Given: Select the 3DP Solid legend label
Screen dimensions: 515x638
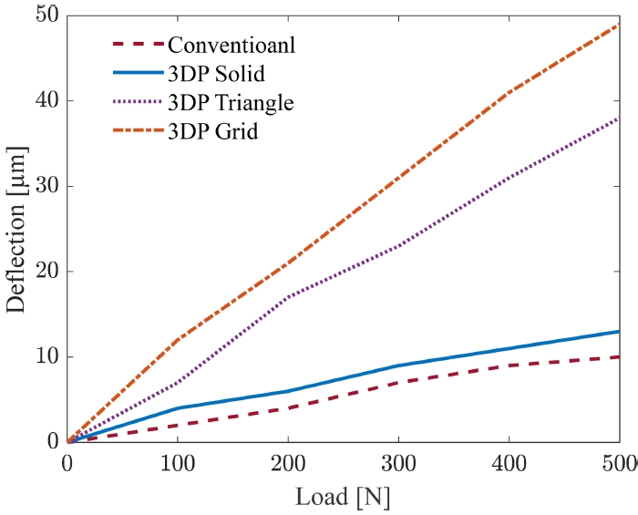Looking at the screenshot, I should point(219,73).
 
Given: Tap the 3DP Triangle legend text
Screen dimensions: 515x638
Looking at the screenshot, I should point(232,102).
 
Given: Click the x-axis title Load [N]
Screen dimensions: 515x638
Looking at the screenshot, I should point(343,497).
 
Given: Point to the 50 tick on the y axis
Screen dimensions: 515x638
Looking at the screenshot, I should point(45,15).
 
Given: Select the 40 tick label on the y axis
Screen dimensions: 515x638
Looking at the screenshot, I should point(45,101).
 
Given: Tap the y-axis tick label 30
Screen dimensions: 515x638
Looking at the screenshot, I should point(45,186).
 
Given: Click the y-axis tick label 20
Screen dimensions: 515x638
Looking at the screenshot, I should point(45,272).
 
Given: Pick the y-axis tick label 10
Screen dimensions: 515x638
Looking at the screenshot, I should point(45,356).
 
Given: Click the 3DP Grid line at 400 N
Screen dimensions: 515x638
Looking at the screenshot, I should point(509,93).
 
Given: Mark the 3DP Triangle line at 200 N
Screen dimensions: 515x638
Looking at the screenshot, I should point(288,297).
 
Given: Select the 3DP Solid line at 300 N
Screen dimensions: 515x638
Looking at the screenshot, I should point(398,366).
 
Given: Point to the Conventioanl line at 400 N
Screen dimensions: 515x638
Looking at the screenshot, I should point(509,366).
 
